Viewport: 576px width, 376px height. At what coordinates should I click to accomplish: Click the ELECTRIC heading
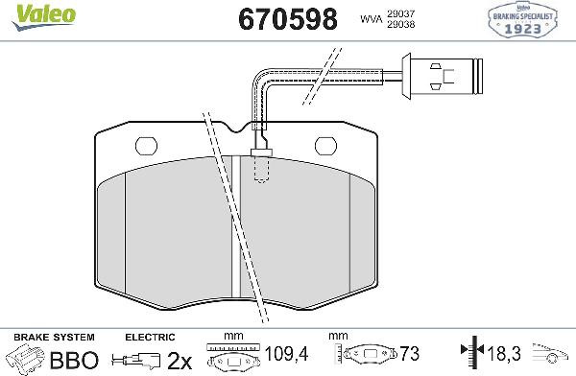point(150,338)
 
